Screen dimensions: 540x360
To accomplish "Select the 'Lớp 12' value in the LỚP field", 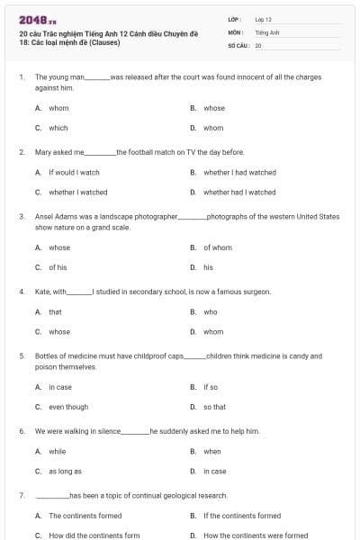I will click(x=263, y=19).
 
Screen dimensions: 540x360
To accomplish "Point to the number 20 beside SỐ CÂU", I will click(x=258, y=45).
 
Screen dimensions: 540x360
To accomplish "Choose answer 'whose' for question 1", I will click(x=214, y=108).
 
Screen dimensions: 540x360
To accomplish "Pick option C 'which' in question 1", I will click(x=58, y=128).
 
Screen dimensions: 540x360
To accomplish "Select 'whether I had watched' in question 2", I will click(x=239, y=172).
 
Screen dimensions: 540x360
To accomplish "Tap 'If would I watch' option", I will click(x=74, y=172).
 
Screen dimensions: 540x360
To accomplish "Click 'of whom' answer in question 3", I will click(x=218, y=247).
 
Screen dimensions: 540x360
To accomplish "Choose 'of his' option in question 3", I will click(x=58, y=267).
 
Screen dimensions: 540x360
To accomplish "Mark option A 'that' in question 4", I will click(x=55, y=311).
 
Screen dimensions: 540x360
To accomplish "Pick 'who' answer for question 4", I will click(x=211, y=311).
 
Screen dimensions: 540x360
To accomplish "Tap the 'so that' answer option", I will click(x=214, y=407).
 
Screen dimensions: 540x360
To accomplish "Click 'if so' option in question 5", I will click(x=211, y=387).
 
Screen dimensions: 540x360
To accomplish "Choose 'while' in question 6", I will click(x=57, y=451).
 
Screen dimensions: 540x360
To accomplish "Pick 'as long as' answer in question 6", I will click(x=65, y=471).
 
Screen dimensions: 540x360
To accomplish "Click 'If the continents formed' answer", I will click(x=242, y=516).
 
